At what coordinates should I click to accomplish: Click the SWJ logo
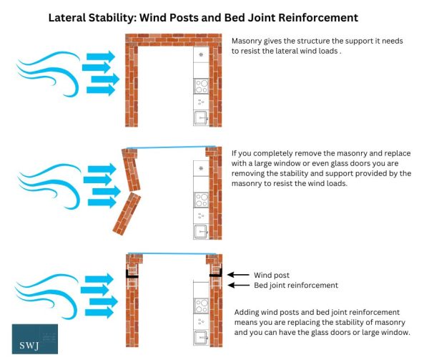pyautogui.click(x=34, y=339)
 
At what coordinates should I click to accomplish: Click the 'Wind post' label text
pyautogui.click(x=272, y=274)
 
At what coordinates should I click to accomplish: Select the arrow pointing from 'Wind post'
pyautogui.click(x=238, y=274)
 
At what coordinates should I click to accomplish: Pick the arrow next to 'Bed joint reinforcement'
pyautogui.click(x=238, y=285)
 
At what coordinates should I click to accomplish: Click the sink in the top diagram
pyautogui.click(x=202, y=118)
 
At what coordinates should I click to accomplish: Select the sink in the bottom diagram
pyautogui.click(x=202, y=333)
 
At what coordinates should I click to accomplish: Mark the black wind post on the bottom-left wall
pyautogui.click(x=132, y=273)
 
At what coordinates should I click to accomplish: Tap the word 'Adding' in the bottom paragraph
pyautogui.click(x=249, y=313)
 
